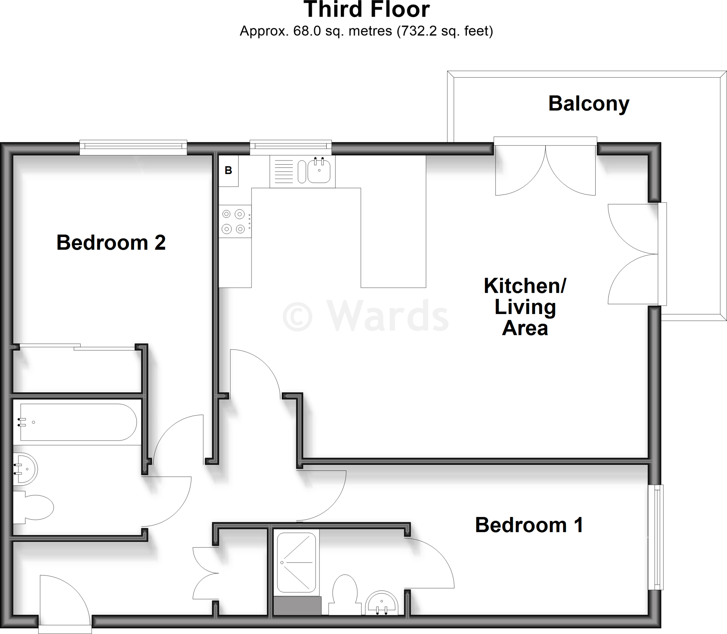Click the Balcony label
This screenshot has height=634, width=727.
[589, 104]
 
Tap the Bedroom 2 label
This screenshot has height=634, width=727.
[111, 243]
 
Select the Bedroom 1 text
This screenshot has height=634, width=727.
[529, 525]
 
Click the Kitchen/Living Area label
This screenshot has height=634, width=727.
[525, 307]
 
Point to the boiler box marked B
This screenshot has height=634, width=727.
[228, 171]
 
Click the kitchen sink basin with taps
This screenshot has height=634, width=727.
[319, 171]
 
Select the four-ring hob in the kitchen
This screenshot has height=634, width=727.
[235, 222]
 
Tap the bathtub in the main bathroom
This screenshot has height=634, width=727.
[78, 422]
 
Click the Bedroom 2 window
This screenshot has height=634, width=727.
[133, 147]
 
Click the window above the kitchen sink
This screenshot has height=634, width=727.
[290, 147]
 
